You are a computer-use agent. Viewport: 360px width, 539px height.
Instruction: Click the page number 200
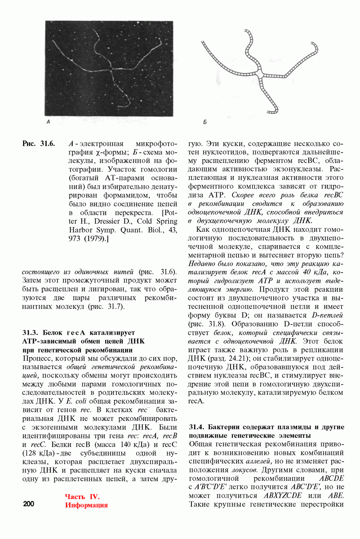click(x=28, y=504)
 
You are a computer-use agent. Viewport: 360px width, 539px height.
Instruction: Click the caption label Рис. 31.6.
click(x=39, y=144)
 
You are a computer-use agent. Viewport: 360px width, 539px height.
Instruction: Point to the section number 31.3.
click(x=31, y=333)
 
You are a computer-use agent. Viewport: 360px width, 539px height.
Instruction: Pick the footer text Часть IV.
click(x=81, y=496)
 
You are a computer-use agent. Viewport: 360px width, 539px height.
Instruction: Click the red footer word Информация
click(x=86, y=505)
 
